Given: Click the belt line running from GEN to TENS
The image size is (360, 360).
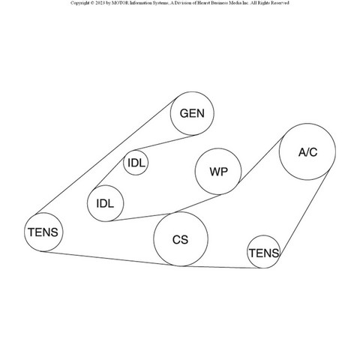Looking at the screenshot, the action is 106,157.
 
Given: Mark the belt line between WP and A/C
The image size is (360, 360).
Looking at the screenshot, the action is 261,160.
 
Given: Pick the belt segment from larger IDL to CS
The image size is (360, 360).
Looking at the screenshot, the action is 142,217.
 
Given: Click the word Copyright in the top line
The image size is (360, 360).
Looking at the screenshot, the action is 79,3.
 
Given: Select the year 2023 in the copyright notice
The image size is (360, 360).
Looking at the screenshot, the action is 100,3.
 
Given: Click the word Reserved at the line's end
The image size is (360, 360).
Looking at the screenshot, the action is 280,3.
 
